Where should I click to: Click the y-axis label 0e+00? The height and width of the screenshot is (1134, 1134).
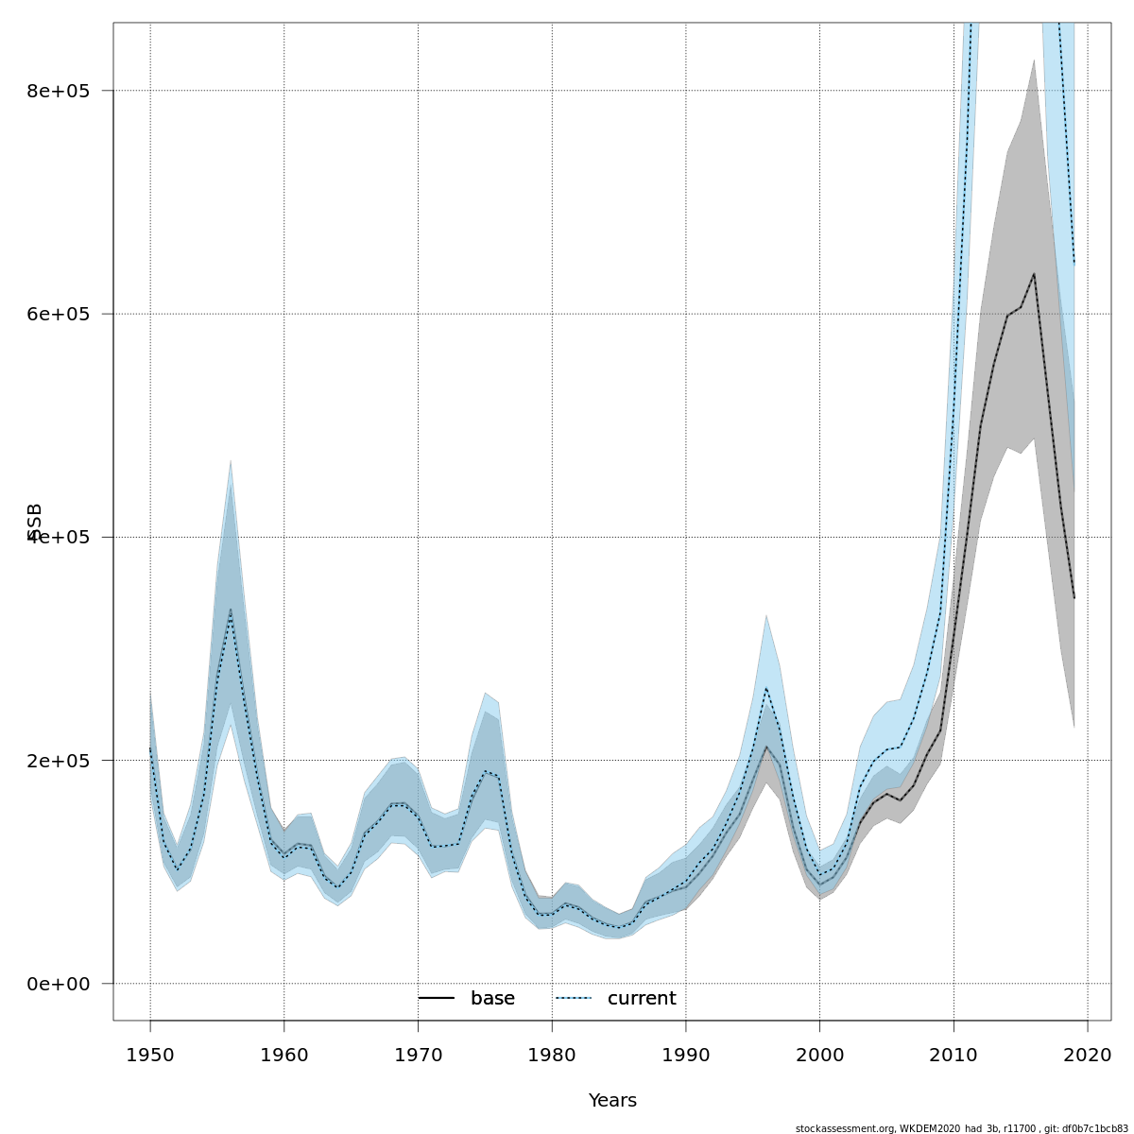tap(58, 984)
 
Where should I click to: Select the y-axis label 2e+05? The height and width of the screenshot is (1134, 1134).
tap(58, 761)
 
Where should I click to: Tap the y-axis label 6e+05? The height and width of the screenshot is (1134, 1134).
tap(58, 314)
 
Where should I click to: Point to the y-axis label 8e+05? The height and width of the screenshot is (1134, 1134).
tap(58, 91)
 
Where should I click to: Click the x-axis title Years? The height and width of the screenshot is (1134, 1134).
tap(612, 1101)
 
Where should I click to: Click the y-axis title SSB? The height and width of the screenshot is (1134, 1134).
tap(35, 522)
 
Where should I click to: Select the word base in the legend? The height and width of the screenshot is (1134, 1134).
tap(492, 999)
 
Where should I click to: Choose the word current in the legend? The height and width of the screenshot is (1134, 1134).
tap(642, 999)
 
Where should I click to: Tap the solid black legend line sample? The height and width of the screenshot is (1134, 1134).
tap(437, 999)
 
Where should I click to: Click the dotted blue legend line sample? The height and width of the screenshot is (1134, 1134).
tap(574, 999)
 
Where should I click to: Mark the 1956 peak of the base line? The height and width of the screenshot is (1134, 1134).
tap(230, 610)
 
